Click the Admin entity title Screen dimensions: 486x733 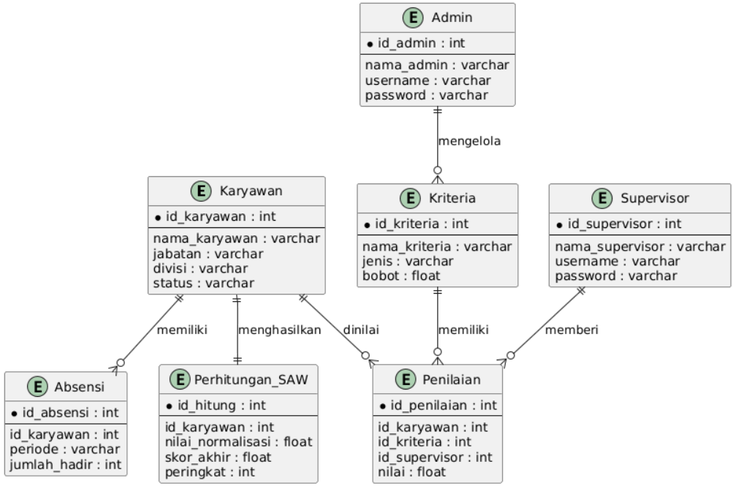click(x=452, y=18)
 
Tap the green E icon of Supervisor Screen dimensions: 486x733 click(x=602, y=198)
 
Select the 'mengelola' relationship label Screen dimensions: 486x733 click(x=469, y=141)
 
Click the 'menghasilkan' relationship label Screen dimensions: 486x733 click(x=278, y=330)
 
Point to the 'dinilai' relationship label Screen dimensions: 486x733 click(x=361, y=330)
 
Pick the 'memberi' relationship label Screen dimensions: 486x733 click(x=571, y=330)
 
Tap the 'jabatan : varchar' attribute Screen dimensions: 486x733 click(x=198, y=254)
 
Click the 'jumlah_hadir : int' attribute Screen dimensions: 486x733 click(x=64, y=463)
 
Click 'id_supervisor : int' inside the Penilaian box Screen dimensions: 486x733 click(x=435, y=457)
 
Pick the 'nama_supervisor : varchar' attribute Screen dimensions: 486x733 click(x=639, y=246)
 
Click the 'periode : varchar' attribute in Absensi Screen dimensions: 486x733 click(x=64, y=449)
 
